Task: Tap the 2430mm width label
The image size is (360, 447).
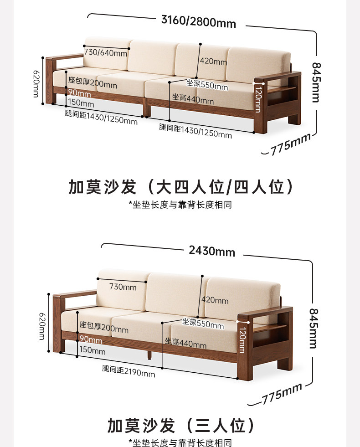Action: click(211, 251)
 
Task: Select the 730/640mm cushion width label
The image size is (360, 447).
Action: click(105, 53)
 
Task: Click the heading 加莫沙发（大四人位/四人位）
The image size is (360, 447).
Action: click(180, 187)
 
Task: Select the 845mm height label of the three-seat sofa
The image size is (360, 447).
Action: click(313, 329)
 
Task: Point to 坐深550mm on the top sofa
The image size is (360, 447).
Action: click(207, 85)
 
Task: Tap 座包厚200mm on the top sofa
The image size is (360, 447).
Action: click(93, 83)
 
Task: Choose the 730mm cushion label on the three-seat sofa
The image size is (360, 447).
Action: click(123, 287)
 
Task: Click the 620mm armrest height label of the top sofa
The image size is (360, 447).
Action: click(36, 84)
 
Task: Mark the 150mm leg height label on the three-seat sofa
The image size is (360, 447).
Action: click(92, 351)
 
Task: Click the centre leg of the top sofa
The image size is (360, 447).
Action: click(146, 110)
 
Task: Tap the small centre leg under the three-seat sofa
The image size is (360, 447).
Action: click(149, 354)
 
